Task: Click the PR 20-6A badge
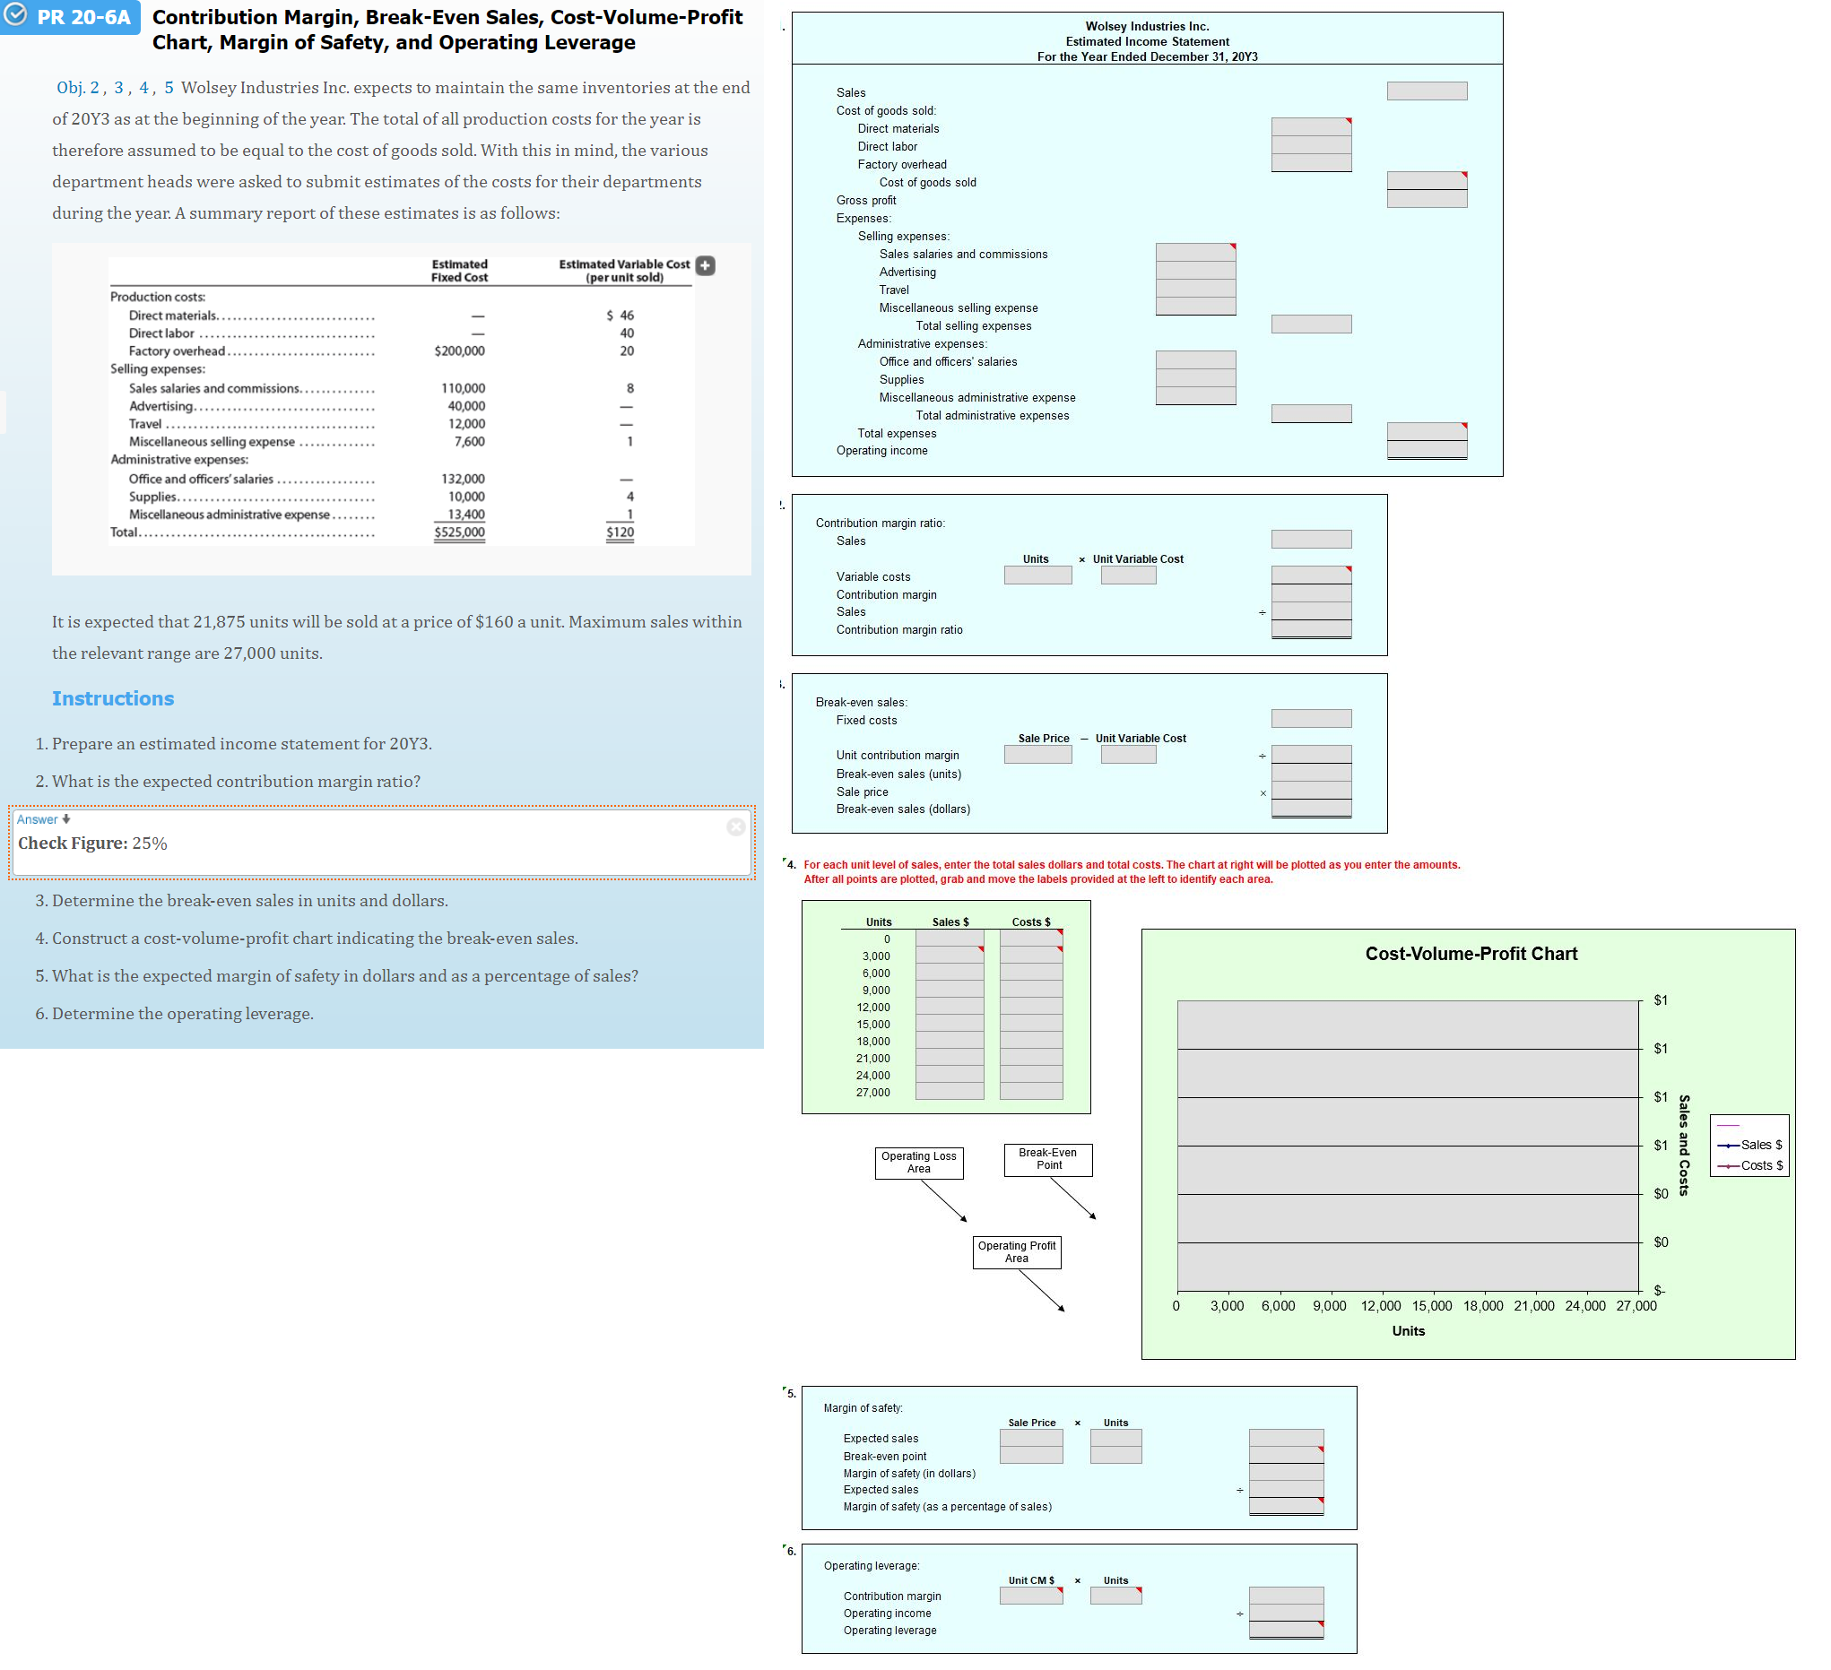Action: (x=71, y=17)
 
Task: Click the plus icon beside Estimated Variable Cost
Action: (x=705, y=265)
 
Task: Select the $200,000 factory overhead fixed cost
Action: (x=459, y=350)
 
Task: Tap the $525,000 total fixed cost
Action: (x=459, y=532)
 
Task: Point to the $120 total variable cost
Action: (x=620, y=532)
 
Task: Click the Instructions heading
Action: (x=113, y=698)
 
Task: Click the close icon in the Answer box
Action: (x=735, y=826)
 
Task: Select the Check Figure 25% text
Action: (x=92, y=843)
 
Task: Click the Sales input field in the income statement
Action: (x=1426, y=91)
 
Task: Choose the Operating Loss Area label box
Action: (x=918, y=1163)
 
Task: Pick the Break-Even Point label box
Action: (x=1048, y=1159)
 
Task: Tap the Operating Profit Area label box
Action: (x=1016, y=1252)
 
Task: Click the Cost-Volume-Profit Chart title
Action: (x=1471, y=954)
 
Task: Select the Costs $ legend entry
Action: (x=1760, y=1165)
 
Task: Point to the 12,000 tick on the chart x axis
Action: (x=1380, y=1306)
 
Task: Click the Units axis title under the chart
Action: (x=1408, y=1330)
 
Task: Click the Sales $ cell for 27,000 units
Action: (x=949, y=1092)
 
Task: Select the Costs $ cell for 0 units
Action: (x=1031, y=938)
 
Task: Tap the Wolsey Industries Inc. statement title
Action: (x=1146, y=26)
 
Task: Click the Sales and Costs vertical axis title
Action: (x=1683, y=1144)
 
